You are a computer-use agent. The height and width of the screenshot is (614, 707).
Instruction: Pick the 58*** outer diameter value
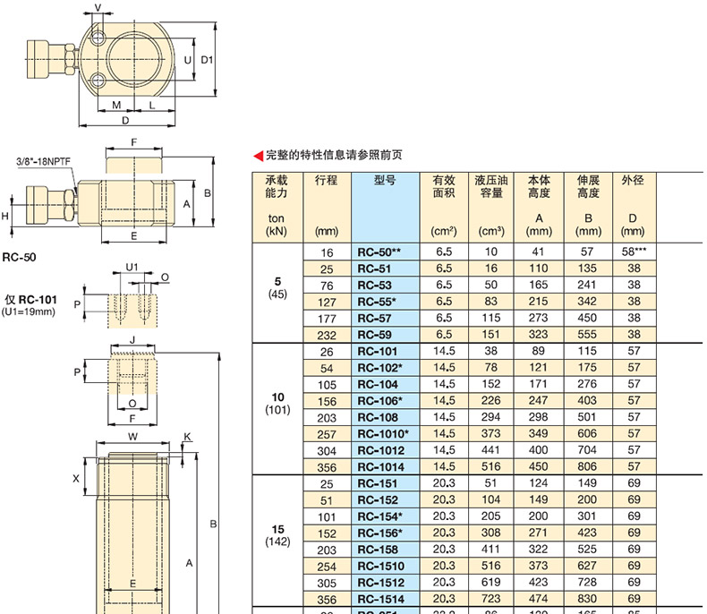(634, 253)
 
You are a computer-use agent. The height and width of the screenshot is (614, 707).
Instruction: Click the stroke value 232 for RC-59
(327, 335)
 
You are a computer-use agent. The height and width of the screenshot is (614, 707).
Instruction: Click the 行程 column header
(327, 180)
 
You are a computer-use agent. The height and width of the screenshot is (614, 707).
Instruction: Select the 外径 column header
(634, 180)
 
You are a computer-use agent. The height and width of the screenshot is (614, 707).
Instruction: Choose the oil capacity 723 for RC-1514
(490, 599)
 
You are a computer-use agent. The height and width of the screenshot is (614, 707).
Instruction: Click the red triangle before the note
(260, 155)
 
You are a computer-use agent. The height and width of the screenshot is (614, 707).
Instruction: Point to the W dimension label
(132, 437)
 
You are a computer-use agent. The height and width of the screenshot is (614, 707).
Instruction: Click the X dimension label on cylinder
(76, 479)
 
